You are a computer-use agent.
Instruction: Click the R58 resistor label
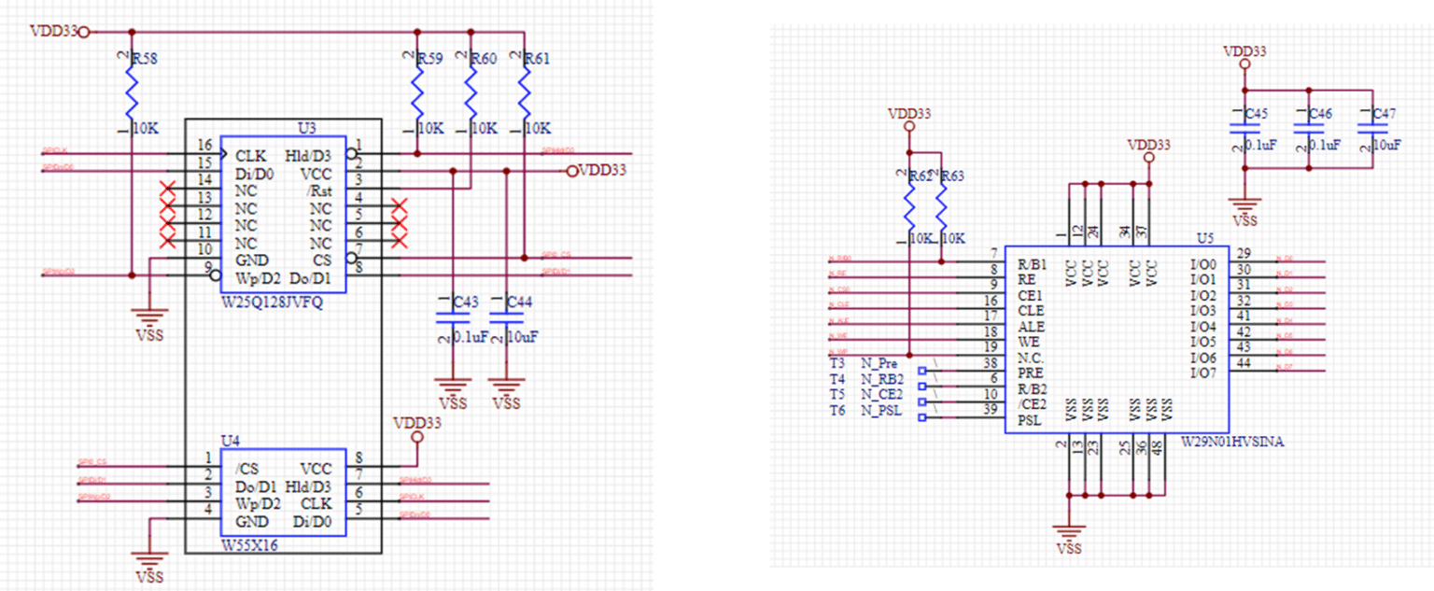click(146, 59)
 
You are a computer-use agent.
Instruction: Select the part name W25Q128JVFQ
click(272, 303)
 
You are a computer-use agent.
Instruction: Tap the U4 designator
click(230, 440)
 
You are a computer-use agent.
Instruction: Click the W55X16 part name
click(250, 544)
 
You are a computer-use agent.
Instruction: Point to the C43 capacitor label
click(464, 302)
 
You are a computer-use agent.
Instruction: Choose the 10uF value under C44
click(523, 335)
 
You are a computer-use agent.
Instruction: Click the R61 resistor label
click(537, 59)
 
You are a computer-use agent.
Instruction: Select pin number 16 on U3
click(204, 146)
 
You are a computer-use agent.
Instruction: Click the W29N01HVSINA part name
click(1232, 443)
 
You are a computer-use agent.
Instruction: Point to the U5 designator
click(1205, 238)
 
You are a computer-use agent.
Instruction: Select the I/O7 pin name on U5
click(1204, 373)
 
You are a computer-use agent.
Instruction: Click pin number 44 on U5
click(1244, 363)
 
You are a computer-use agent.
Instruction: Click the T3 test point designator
click(836, 363)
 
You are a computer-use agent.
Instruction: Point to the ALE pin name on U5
click(1031, 327)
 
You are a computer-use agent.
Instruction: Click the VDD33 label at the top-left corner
click(53, 31)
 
